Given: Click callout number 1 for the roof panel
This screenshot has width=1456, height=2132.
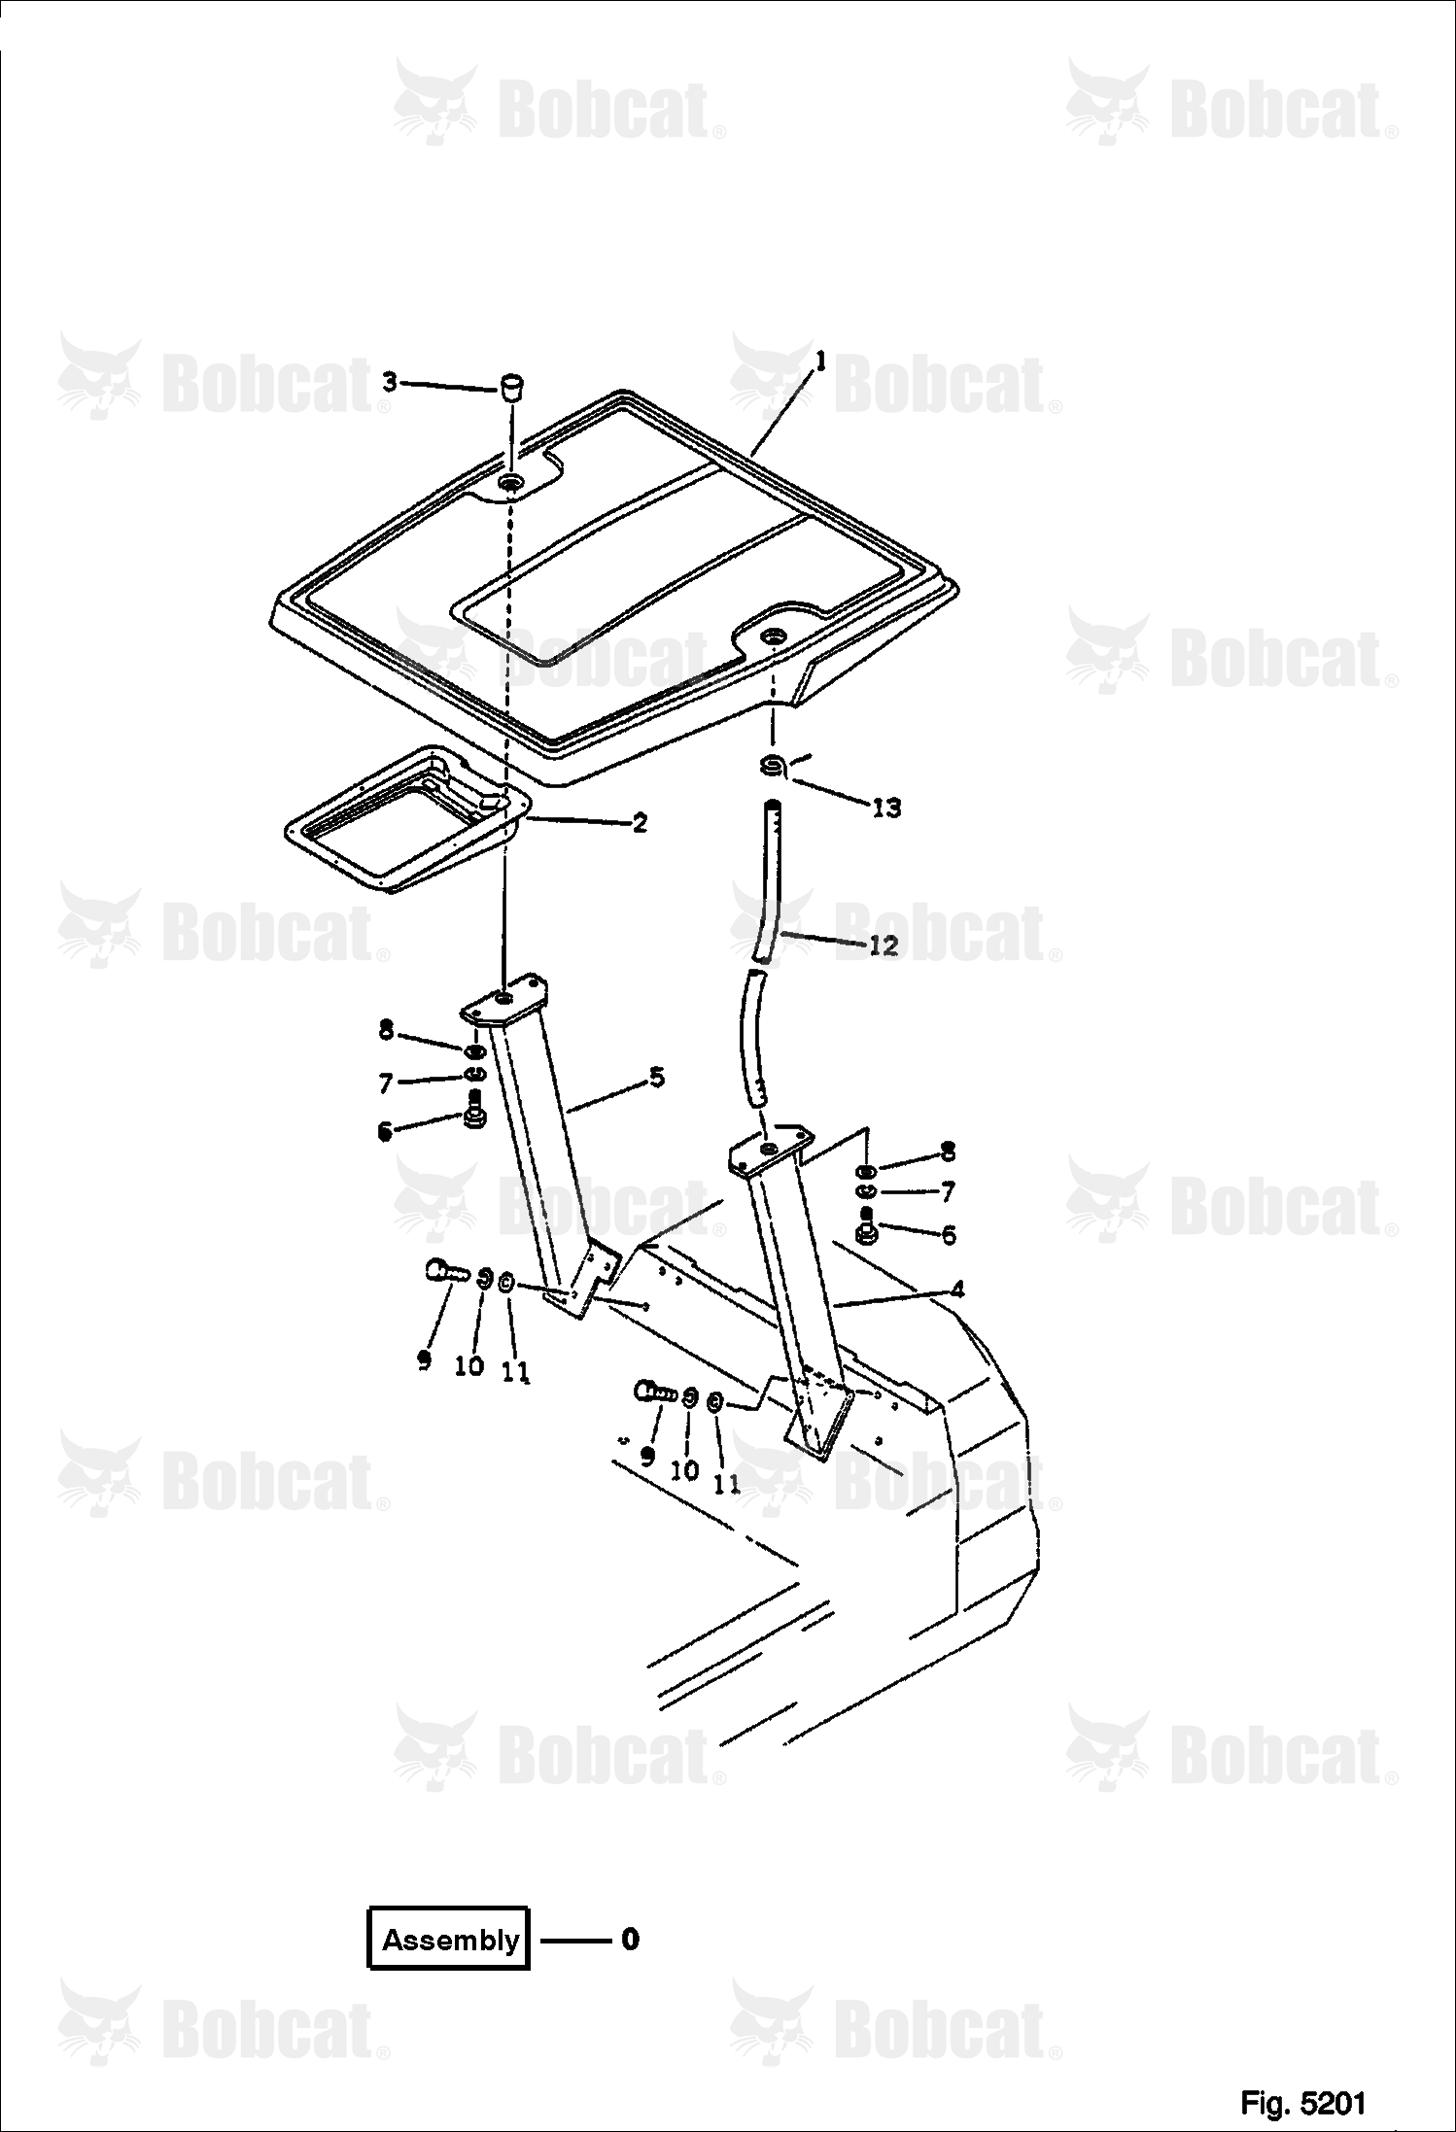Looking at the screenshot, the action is coord(820,363).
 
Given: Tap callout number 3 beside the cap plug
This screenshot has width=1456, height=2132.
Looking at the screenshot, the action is coord(390,383).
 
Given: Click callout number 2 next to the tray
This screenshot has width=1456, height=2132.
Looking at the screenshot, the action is coord(639,823).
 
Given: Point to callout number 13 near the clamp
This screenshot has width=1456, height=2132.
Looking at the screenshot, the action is coord(886,807).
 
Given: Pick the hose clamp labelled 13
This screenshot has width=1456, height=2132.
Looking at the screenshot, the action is coord(774,767).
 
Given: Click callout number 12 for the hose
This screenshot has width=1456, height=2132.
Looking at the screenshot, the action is coord(883,945).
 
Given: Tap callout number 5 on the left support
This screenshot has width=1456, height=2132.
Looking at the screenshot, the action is coord(657,1077).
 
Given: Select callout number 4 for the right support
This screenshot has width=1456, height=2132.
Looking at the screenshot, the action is coord(957,1290).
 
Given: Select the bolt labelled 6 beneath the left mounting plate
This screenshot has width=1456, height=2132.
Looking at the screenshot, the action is coord(475,1110).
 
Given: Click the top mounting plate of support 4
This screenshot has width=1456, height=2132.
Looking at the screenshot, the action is coord(770,1150).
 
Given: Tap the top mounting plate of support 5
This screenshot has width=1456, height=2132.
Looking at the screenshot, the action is coord(505,999).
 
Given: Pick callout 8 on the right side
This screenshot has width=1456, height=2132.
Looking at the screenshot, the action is coord(948,1152).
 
